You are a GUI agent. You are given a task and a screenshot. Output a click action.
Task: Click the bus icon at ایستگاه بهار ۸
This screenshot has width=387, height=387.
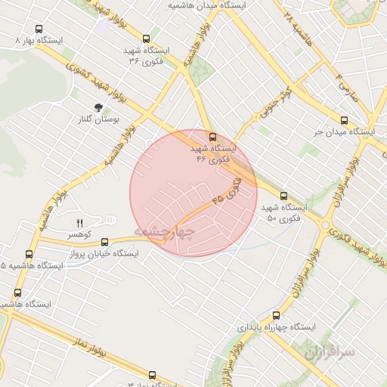click(x=39, y=29)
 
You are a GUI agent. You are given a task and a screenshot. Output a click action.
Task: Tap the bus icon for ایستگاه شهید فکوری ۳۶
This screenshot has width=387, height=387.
click(x=146, y=39)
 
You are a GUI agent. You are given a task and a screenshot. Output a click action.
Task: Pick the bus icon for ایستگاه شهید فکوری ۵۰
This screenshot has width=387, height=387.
click(x=283, y=196)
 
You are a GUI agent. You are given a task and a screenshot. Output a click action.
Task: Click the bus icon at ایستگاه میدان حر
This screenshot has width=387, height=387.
click(x=344, y=120)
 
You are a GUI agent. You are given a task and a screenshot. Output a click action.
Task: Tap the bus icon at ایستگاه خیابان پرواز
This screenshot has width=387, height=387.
click(x=105, y=243)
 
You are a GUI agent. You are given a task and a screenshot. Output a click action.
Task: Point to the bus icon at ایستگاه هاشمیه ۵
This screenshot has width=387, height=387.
click(x=29, y=255)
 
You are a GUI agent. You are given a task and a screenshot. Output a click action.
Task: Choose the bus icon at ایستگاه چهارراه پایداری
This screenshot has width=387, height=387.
click(x=274, y=316)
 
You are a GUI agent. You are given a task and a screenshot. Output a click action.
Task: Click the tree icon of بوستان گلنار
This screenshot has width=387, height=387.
click(x=99, y=108)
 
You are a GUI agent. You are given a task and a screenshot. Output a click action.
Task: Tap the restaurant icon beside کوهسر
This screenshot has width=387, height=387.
click(x=79, y=223)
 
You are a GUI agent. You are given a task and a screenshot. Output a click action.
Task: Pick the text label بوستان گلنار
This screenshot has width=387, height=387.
click(x=99, y=119)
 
